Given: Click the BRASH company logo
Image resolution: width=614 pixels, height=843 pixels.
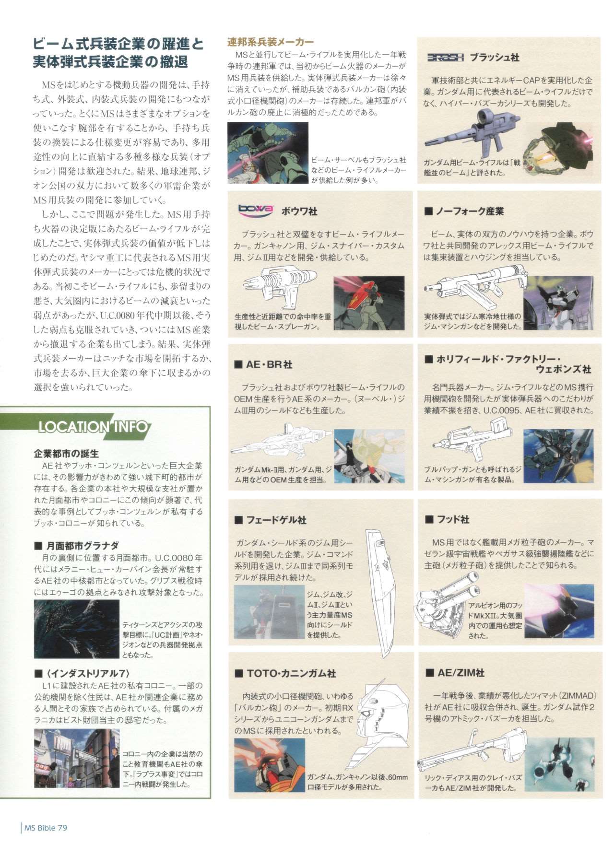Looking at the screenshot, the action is [445, 58].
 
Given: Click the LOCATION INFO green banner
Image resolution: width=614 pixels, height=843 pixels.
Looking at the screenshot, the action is [94, 426].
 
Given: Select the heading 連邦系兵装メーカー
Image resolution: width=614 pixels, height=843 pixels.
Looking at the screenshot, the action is [271, 42].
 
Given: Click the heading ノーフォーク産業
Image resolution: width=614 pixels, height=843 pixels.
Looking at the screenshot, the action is [464, 211].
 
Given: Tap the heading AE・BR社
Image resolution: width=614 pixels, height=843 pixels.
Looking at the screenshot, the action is [263, 364].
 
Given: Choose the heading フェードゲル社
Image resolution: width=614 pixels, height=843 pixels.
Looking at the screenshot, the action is [271, 520].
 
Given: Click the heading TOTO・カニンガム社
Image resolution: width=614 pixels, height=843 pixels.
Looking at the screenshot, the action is [285, 673].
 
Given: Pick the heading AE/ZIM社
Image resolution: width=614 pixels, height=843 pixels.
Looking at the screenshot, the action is [455, 673].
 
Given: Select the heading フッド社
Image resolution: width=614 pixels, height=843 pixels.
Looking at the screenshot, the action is [447, 519].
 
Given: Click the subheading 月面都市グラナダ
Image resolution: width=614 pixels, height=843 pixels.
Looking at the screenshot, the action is [76, 546].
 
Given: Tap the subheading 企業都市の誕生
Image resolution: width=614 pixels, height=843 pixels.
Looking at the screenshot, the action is [66, 453].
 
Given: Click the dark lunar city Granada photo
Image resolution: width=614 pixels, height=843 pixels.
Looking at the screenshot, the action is [76, 629].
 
